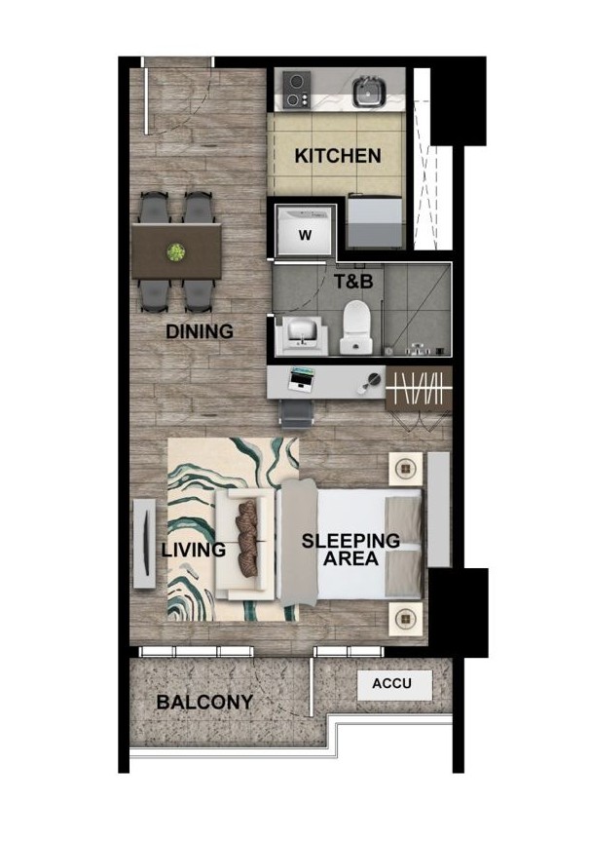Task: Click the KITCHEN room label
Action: (338, 156)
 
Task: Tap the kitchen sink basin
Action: (369, 91)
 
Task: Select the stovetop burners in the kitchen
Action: (296, 89)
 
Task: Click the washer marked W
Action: (305, 231)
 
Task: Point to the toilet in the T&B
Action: (356, 327)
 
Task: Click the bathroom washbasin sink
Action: (304, 335)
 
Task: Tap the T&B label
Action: (353, 281)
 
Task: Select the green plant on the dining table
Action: (176, 251)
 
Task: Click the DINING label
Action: (200, 331)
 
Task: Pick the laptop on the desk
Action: (301, 378)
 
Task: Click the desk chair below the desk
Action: (296, 414)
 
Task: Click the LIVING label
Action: (194, 550)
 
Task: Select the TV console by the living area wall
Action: (145, 544)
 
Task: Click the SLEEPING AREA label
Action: (351, 550)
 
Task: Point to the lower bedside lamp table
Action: (406, 619)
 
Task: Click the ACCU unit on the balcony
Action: (395, 685)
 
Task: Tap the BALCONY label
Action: (204, 702)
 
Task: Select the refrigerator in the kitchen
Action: (375, 221)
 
